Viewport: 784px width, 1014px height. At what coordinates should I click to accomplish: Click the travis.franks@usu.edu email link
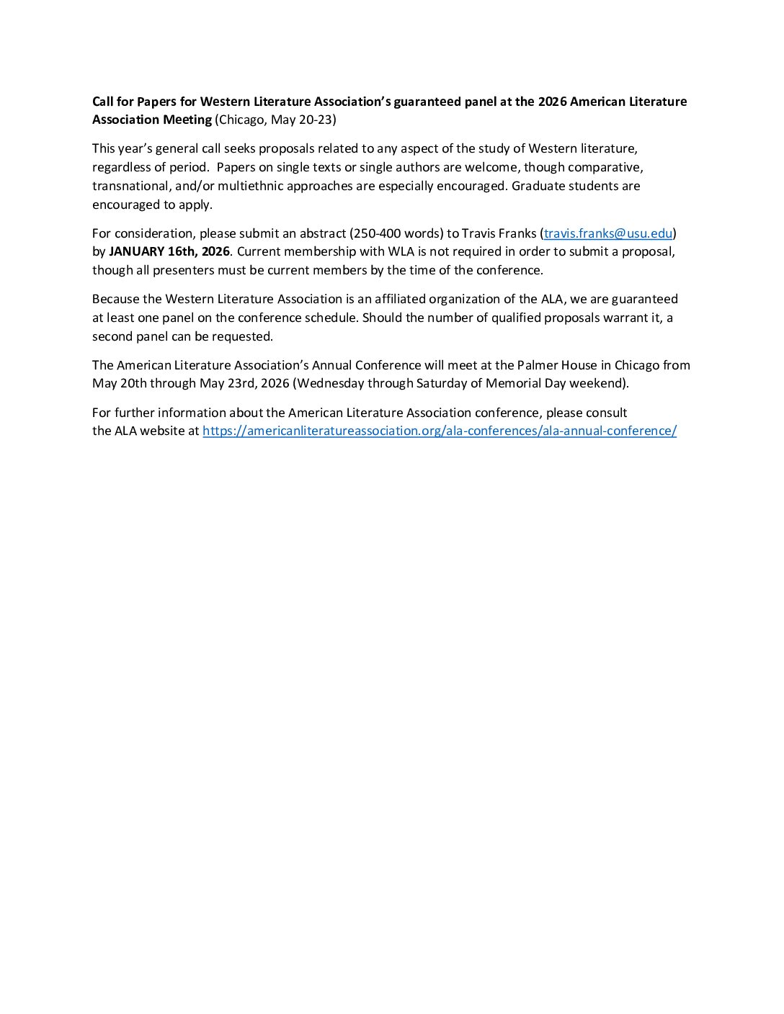coord(608,233)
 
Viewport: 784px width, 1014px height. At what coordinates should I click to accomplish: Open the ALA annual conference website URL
coord(439,431)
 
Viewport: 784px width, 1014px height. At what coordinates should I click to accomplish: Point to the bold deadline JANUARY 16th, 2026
coord(169,251)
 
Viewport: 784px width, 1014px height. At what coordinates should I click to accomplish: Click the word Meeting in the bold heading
coord(187,120)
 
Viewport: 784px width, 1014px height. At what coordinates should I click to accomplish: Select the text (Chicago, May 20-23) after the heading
coord(275,120)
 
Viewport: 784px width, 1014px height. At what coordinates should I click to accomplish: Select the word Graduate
coord(538,186)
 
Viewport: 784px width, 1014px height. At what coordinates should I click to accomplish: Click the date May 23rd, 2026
coord(244,383)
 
